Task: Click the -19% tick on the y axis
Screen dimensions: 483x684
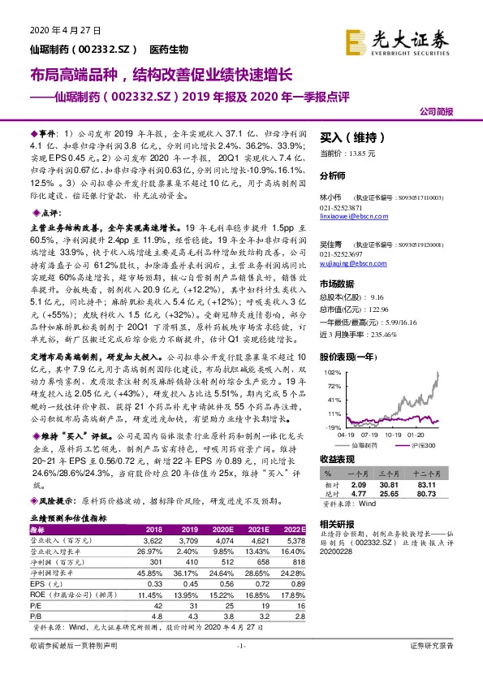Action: pyautogui.click(x=332, y=427)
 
